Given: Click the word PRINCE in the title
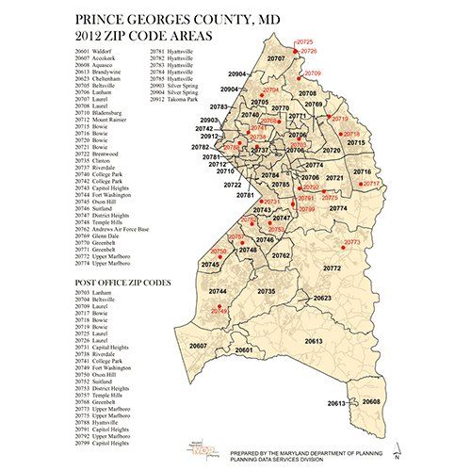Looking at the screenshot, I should pos(98,19).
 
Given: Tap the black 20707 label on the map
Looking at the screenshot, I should pos(276,58).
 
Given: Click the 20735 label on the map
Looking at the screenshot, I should pos(266,292).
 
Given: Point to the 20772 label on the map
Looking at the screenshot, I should pos(332,268).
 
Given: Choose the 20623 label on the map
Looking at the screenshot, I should pos(323,298).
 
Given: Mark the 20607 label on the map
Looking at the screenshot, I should pos(198,347).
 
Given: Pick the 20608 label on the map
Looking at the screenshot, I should pos(372,401).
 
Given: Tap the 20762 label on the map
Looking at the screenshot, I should pos(281,255).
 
